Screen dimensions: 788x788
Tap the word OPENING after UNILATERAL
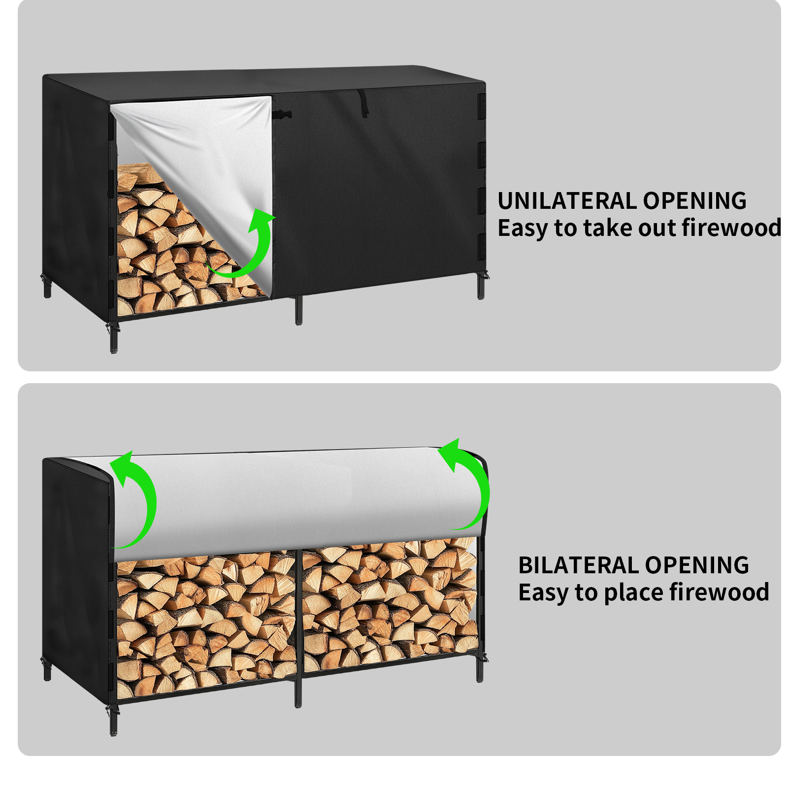tap(694, 201)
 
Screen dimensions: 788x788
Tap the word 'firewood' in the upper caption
tap(731, 228)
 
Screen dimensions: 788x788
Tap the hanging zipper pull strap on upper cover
tap(364, 104)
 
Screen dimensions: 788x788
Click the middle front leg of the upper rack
tap(298, 310)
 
